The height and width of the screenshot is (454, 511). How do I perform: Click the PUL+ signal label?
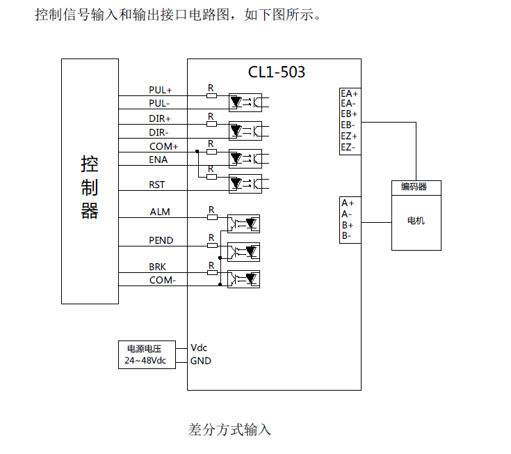click(x=160, y=91)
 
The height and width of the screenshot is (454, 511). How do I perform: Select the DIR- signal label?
click(x=159, y=132)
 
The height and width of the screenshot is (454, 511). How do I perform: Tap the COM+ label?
click(x=163, y=147)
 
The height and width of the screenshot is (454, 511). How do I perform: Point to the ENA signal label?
click(x=158, y=160)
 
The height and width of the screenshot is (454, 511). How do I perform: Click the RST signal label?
click(x=157, y=185)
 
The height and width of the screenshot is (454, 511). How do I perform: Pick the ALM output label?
click(x=160, y=212)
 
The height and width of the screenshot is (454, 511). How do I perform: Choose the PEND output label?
click(x=161, y=241)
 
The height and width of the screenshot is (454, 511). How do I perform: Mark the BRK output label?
click(x=158, y=267)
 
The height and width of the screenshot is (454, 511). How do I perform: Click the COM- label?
click(x=163, y=280)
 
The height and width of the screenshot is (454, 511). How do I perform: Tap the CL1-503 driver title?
click(x=277, y=72)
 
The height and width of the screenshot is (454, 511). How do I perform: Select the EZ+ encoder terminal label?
click(x=349, y=136)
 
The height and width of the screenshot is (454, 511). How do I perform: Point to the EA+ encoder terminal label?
click(x=349, y=93)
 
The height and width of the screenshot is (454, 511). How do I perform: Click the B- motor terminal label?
click(x=347, y=236)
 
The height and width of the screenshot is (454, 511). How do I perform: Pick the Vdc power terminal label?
click(x=199, y=347)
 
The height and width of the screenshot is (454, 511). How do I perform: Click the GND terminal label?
click(x=200, y=361)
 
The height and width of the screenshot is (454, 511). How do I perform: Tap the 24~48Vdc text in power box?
click(x=145, y=361)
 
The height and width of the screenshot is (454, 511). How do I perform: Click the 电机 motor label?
click(x=416, y=221)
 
